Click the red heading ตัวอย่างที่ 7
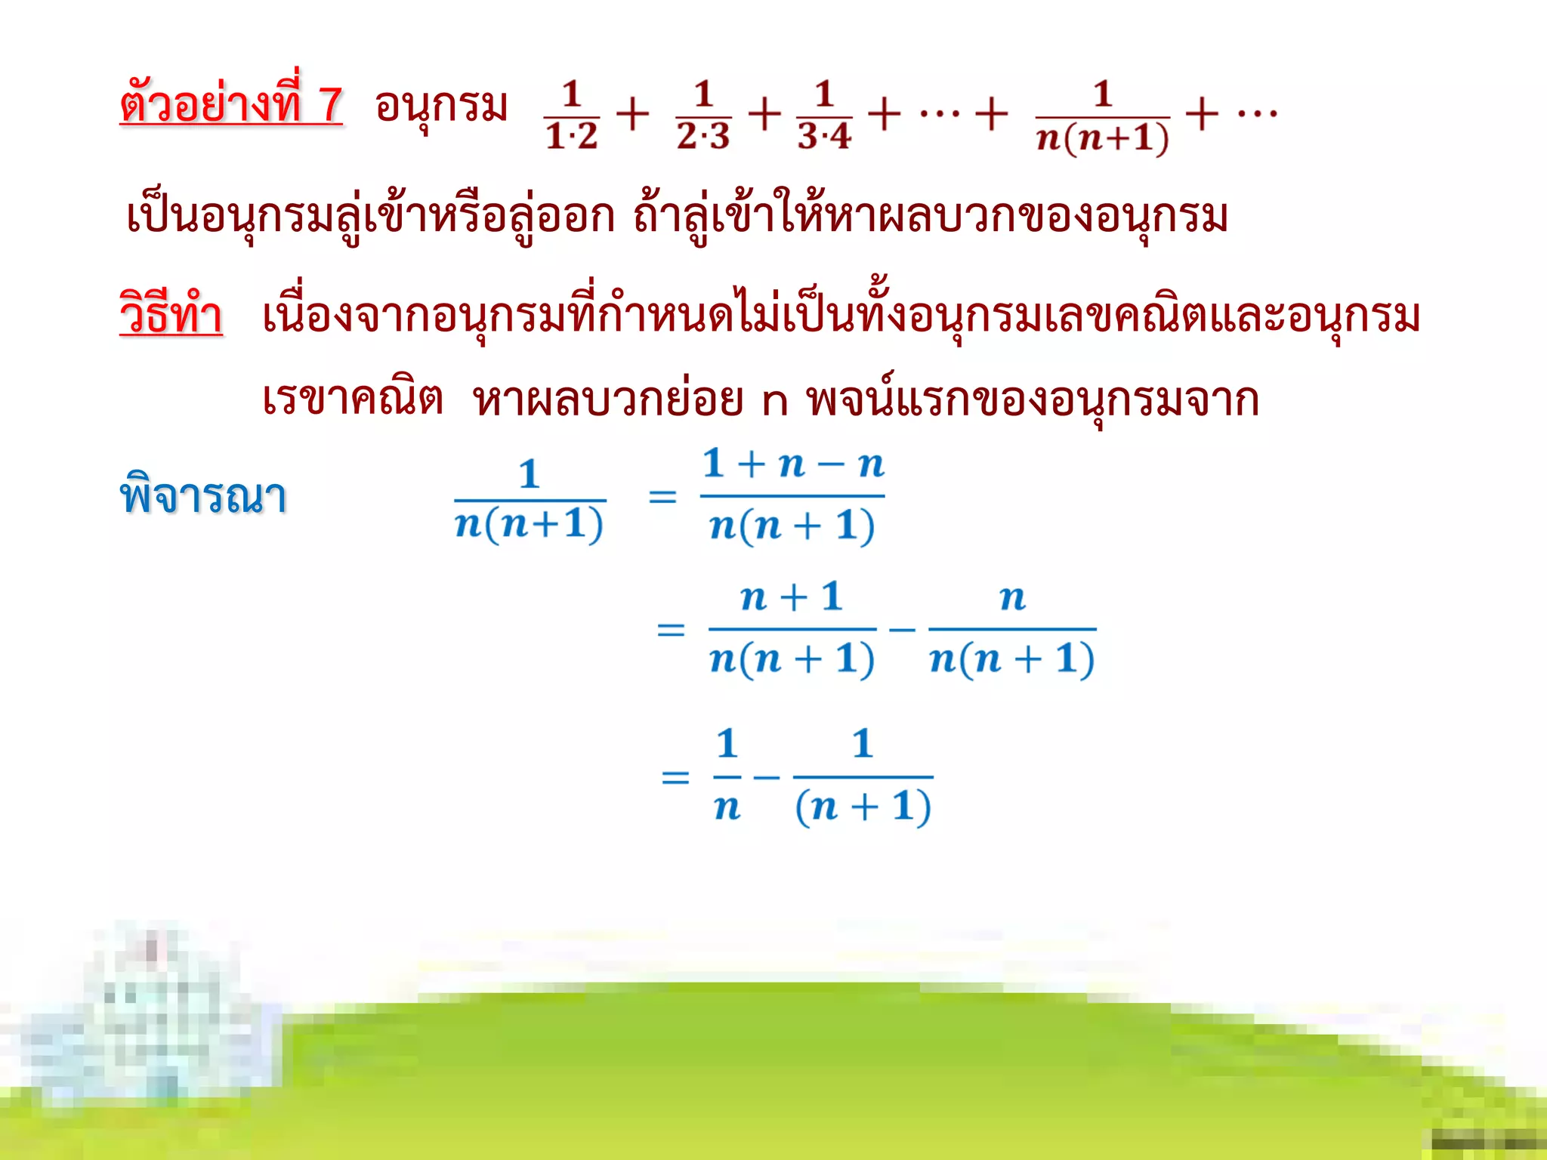point(231,104)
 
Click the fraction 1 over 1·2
point(571,116)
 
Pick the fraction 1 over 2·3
point(703,116)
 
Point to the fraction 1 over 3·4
point(824,116)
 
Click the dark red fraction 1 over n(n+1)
point(1102,117)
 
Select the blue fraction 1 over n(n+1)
point(530,499)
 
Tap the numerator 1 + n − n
point(793,464)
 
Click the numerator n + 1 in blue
point(792,597)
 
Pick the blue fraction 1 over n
point(727,776)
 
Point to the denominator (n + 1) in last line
point(863,807)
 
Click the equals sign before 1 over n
point(675,777)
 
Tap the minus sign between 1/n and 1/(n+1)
point(766,777)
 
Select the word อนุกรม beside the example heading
point(441,106)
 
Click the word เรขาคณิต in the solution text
point(352,398)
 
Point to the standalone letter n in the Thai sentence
point(775,402)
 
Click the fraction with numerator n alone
point(1012,629)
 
